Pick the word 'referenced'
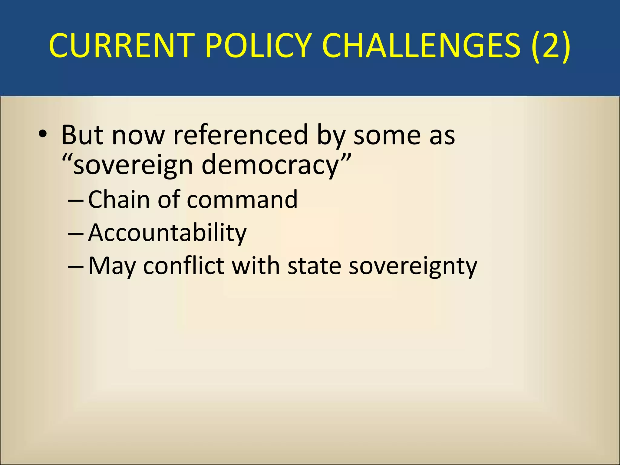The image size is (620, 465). pyautogui.click(x=240, y=135)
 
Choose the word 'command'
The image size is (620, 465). pyautogui.click(x=242, y=200)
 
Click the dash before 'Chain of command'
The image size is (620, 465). pyautogui.click(x=76, y=200)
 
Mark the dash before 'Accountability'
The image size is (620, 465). pyautogui.click(x=76, y=233)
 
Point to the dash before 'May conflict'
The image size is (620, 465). pyautogui.click(x=76, y=266)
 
